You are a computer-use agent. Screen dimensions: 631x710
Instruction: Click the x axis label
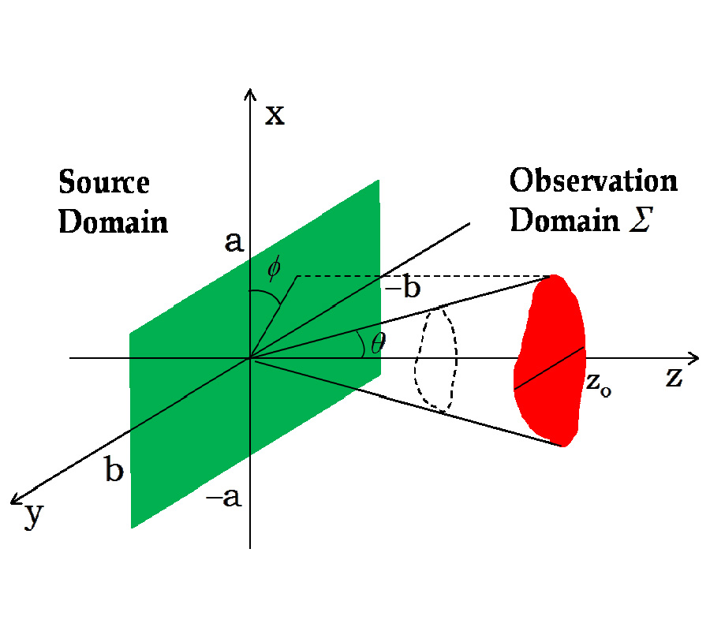[x=274, y=116]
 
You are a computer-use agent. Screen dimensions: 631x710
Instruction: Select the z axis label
[x=673, y=378]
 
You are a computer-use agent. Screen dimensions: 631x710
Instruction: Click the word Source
[x=104, y=183]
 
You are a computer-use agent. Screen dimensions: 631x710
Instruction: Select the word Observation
[x=593, y=181]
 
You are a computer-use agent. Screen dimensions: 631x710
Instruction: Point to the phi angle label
[x=273, y=270]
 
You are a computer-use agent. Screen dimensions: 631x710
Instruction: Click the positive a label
[x=234, y=242]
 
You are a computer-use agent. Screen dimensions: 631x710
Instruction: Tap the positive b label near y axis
[x=114, y=471]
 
